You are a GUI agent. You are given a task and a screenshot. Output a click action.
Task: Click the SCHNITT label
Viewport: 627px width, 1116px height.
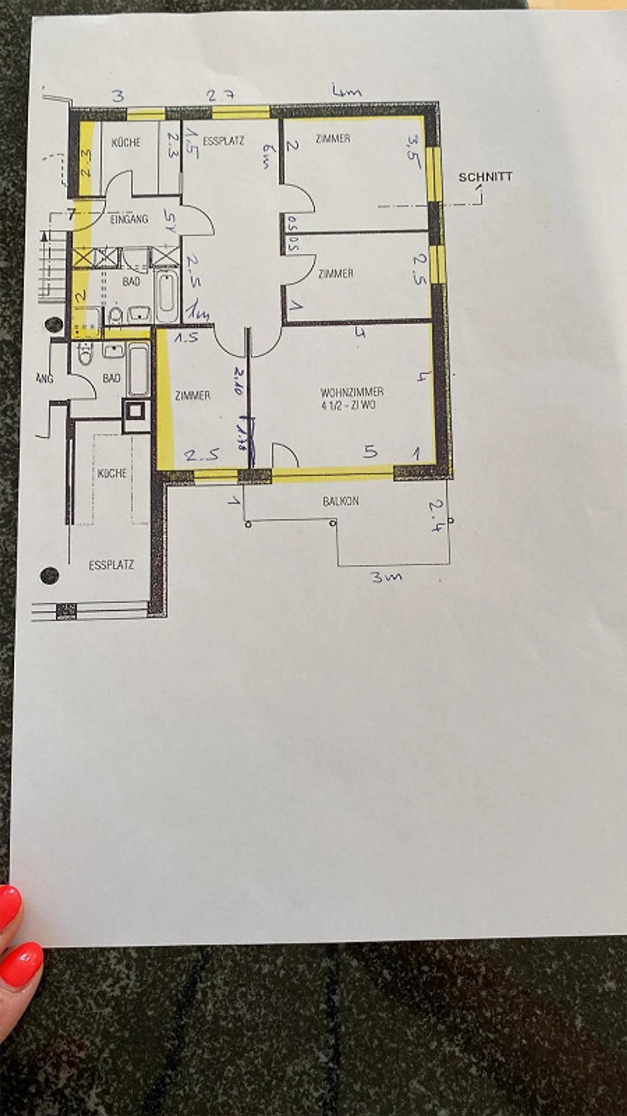point(485,177)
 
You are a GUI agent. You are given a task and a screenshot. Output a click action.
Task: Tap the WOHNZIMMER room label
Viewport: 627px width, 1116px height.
point(352,391)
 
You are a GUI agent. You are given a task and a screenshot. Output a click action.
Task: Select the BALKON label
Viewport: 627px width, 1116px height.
point(340,501)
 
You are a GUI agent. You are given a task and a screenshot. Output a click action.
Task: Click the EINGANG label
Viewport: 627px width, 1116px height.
point(129,219)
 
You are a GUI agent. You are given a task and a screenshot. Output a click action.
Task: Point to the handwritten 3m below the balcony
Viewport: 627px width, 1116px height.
point(386,578)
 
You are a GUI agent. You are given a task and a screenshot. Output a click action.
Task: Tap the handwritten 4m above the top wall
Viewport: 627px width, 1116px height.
point(347,92)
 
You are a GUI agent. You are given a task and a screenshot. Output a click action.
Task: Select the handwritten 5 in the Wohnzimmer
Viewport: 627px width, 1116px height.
point(371,452)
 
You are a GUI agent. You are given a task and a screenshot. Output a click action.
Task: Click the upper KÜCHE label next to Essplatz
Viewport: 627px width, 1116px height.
point(126,142)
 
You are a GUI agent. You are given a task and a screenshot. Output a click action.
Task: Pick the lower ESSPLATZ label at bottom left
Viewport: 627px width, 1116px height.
point(111,565)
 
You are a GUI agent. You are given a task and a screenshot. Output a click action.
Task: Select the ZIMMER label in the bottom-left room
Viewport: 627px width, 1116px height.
point(192,395)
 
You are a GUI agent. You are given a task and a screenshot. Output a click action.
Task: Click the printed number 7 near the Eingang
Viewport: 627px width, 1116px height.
point(71,214)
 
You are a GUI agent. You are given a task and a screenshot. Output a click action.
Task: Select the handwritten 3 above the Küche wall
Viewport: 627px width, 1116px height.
point(118,96)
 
